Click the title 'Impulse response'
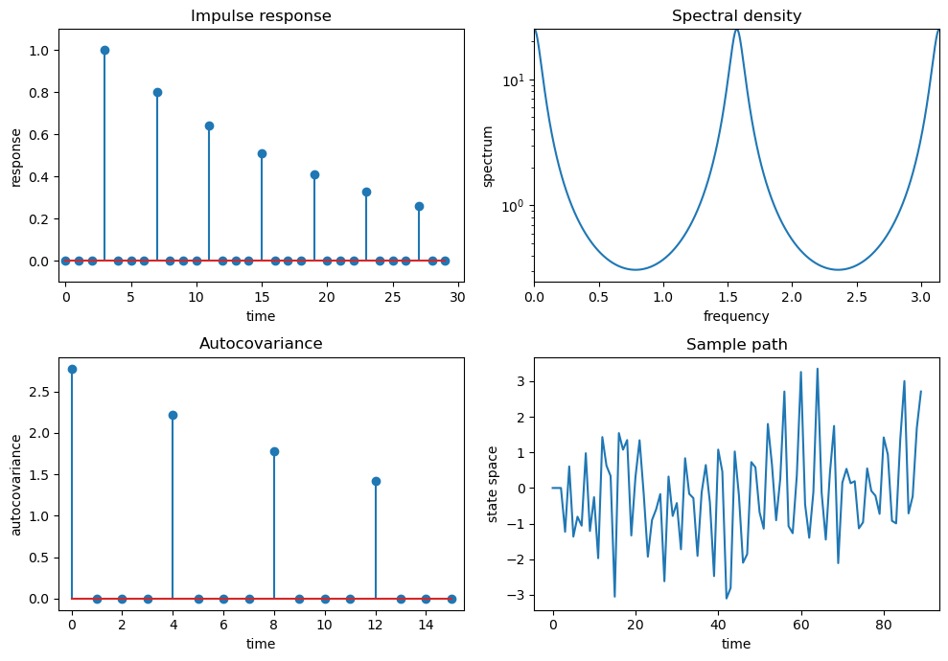(261, 16)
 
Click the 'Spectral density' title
(736, 16)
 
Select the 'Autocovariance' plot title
(261, 343)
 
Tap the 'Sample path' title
(736, 345)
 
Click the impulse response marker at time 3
(104, 50)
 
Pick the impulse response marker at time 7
(157, 92)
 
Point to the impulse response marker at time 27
(419, 206)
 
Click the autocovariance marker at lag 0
(72, 369)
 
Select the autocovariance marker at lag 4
(173, 415)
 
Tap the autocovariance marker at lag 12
(376, 481)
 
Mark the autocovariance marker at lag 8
(274, 451)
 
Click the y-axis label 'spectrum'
(488, 155)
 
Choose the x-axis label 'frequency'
(736, 316)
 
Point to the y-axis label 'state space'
(493, 483)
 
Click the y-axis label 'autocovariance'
(16, 483)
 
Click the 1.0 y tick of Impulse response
(40, 50)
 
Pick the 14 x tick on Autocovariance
(426, 625)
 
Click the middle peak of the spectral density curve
(736, 30)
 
